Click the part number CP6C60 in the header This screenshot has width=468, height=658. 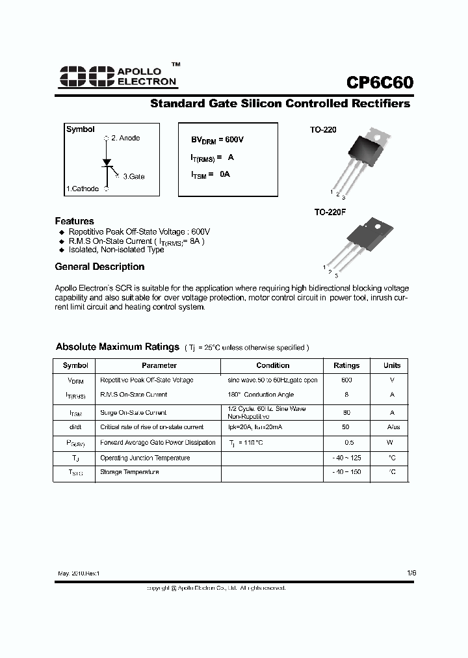click(379, 83)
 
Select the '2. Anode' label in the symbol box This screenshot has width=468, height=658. click(125, 138)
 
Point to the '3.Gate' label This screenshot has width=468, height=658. click(134, 176)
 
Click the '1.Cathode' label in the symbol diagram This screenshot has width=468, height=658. click(83, 189)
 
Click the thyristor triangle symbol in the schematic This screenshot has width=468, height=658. click(107, 161)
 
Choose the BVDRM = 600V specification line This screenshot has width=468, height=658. click(217, 140)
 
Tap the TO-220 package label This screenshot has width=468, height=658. click(323, 130)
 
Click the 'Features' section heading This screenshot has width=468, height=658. click(74, 221)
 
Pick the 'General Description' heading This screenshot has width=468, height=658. click(99, 267)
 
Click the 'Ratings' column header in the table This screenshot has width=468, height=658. click(346, 365)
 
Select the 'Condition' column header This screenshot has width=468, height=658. click(272, 365)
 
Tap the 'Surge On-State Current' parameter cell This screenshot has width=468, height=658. click(133, 412)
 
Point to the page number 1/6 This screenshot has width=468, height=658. click(411, 573)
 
